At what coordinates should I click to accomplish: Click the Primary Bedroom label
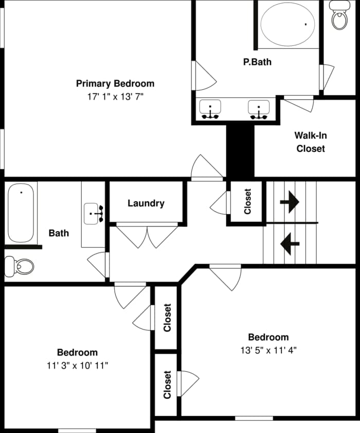tap(115, 83)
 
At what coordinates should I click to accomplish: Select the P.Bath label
tap(257, 62)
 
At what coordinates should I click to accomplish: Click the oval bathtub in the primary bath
tap(287, 24)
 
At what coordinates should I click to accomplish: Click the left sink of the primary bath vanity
tap(210, 109)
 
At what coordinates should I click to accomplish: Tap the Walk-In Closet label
tap(310, 142)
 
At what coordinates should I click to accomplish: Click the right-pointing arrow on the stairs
tap(290, 201)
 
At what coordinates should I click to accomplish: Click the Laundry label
tap(146, 203)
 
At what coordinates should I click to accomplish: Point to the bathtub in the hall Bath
tap(22, 212)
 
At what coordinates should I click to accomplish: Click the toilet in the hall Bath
tap(20, 266)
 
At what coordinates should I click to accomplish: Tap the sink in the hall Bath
tap(94, 212)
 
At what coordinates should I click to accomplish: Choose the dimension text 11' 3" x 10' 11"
tap(77, 366)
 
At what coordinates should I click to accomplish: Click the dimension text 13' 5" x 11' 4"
tap(268, 350)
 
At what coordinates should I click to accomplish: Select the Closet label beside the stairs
tap(247, 201)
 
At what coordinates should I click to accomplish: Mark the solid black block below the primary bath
tap(240, 151)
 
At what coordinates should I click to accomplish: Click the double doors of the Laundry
tap(148, 235)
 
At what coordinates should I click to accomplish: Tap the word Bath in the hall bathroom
tap(59, 233)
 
